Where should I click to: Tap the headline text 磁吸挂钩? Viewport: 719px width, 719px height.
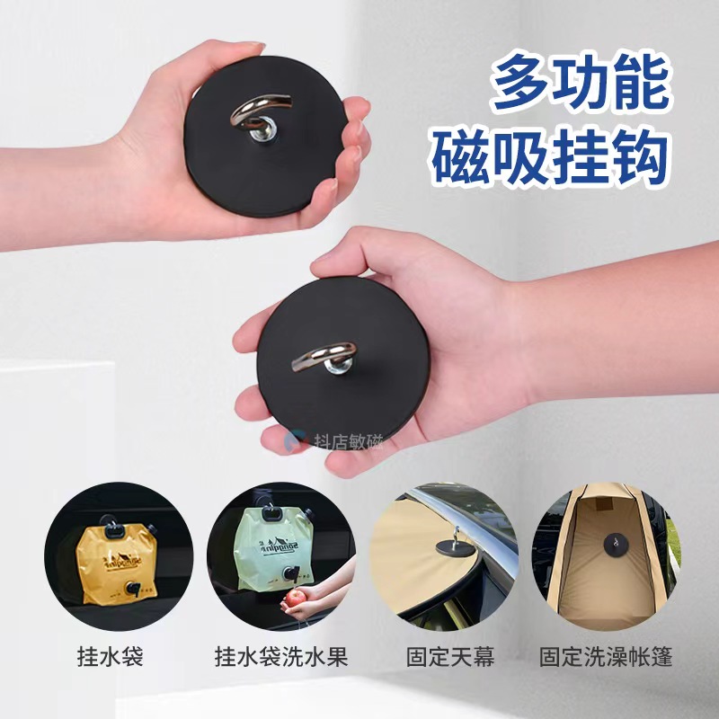tap(551, 154)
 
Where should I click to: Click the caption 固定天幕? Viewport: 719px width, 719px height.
tap(445, 658)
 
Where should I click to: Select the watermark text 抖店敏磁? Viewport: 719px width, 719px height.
tap(348, 441)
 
